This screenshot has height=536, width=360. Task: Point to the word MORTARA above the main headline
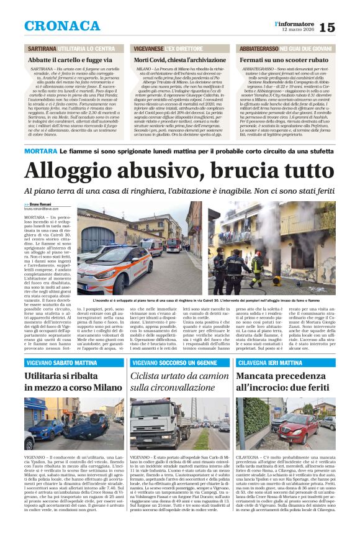pyautogui.click(x=41, y=151)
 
